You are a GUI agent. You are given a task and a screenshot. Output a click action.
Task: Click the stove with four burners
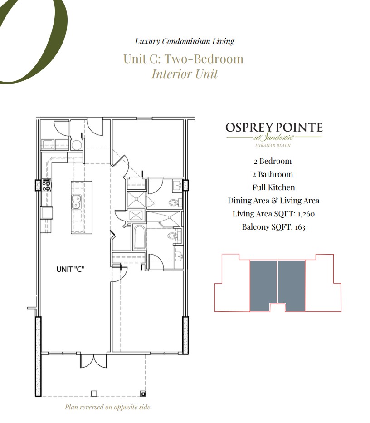click(x=46, y=185)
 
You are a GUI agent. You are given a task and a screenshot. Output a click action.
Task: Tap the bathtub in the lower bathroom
click(x=139, y=238)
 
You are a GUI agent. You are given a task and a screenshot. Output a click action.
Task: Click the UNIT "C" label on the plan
click(x=70, y=269)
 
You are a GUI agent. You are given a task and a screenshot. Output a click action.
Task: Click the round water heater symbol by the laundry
click(x=77, y=145)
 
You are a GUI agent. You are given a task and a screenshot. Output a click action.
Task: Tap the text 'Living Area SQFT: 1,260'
click(x=273, y=214)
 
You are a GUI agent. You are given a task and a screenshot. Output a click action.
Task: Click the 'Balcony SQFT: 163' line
click(x=273, y=227)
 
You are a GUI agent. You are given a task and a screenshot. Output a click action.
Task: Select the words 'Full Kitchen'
click(x=273, y=187)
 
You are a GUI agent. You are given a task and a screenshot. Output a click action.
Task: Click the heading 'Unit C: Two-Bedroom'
click(x=183, y=59)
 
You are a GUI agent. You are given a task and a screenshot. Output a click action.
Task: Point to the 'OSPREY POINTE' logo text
click(x=274, y=128)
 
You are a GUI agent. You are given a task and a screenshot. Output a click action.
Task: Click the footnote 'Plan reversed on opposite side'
click(x=107, y=407)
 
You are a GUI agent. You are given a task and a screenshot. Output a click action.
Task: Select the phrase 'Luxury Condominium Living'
click(x=185, y=41)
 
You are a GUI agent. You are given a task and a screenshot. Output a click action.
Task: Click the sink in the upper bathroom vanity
click(x=176, y=186)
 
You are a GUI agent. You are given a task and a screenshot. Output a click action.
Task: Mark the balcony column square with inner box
click(x=143, y=393)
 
